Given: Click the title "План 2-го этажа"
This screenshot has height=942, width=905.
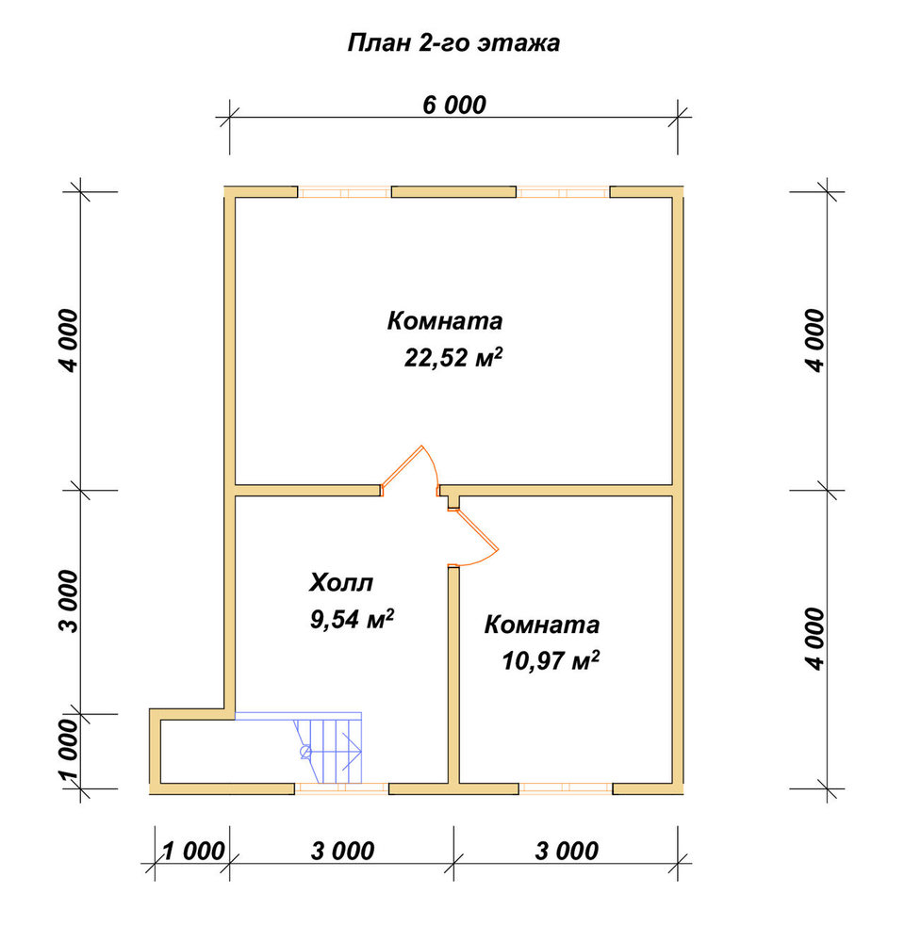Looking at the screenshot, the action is [x=454, y=43].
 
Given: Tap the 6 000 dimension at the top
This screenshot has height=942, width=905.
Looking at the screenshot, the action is [x=454, y=106].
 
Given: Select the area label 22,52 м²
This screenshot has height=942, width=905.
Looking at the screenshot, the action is [x=453, y=357].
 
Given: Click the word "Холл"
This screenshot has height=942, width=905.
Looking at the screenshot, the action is [x=341, y=582].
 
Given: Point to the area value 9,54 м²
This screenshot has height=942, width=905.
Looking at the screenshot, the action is [x=352, y=619].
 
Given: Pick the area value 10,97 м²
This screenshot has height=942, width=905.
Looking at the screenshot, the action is [x=551, y=661].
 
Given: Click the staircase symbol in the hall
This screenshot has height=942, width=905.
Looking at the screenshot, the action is [x=328, y=748].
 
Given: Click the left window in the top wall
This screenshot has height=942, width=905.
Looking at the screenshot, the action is [x=345, y=193].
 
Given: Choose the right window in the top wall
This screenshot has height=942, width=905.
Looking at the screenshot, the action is [x=563, y=193].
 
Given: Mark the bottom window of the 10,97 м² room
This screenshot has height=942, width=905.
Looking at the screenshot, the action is [x=566, y=788].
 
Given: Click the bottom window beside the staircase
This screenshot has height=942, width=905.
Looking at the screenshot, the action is [x=341, y=788].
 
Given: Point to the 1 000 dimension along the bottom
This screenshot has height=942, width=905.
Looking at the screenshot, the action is [x=193, y=852].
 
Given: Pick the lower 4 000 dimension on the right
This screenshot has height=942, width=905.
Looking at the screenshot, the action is [x=814, y=639].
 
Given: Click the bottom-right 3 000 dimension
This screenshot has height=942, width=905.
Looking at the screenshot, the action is [x=567, y=852].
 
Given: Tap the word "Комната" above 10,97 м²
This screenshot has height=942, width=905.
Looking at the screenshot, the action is [x=542, y=625].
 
